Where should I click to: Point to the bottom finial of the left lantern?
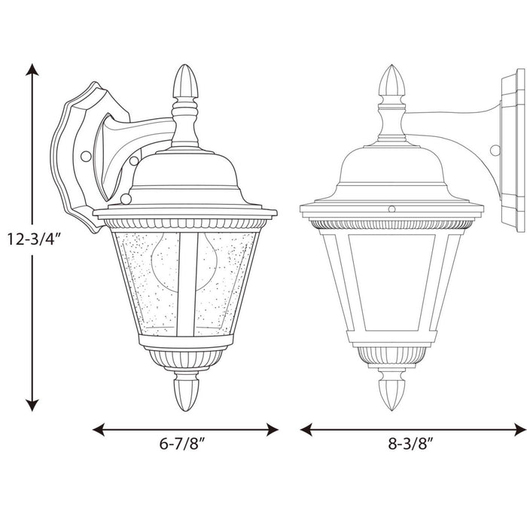pyautogui.click(x=184, y=390)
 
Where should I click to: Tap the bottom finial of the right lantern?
pyautogui.click(x=391, y=390)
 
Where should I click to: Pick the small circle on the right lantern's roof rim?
pyautogui.click(x=391, y=206)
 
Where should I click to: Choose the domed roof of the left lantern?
pyautogui.click(x=184, y=177)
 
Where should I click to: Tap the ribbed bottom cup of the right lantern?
pyautogui.click(x=391, y=354)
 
